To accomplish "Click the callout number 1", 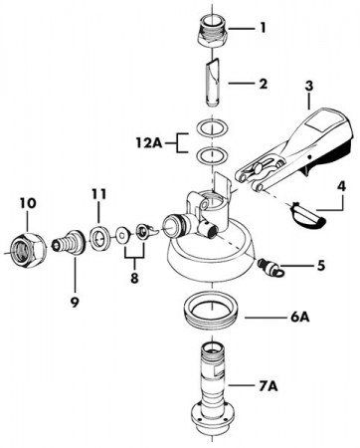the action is tap(263, 28).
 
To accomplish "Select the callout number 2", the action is tap(263, 84).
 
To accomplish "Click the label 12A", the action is tap(148, 143).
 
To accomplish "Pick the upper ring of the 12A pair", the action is tap(213, 127).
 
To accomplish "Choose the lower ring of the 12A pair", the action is tap(213, 155).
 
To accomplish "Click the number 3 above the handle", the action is tap(308, 86).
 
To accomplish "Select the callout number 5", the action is tap(320, 266).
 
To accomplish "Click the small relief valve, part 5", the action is tap(270, 267).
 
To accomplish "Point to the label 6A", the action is tap(299, 318).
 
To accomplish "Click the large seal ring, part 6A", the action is tap(212, 310).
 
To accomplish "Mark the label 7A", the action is tap(268, 385).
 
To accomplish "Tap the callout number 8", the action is tap(134, 278).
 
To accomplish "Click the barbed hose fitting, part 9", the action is tap(70, 242).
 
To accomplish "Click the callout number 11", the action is tap(98, 193).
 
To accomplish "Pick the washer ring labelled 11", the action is tap(99, 237).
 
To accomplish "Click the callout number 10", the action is tap(28, 203).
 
